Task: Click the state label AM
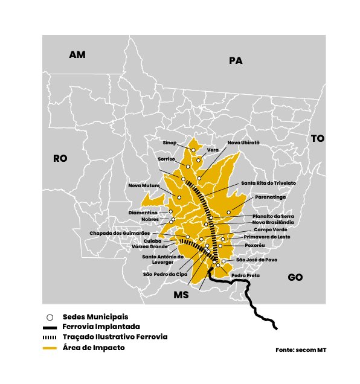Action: click(77, 55)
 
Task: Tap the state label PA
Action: click(235, 60)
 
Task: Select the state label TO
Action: click(318, 138)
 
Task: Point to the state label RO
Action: click(60, 158)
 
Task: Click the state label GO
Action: click(295, 277)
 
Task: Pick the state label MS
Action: click(181, 295)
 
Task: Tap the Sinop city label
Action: click(170, 143)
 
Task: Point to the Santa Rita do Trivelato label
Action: click(268, 182)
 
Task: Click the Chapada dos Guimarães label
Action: click(120, 232)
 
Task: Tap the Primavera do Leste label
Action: click(267, 237)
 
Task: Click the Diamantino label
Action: click(143, 213)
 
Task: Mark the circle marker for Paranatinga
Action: click(229, 211)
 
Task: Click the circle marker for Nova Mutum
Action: click(179, 197)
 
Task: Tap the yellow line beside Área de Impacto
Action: click(51, 348)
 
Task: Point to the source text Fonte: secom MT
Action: click(301, 350)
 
